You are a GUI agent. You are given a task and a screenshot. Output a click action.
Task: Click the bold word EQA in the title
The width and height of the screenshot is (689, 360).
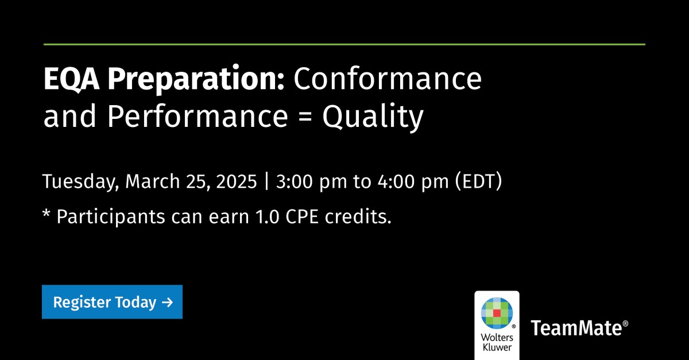coord(72,79)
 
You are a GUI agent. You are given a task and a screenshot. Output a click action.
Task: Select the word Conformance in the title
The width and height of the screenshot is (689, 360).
coord(388,79)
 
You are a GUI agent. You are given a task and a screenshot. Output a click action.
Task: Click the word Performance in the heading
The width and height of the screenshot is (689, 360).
coord(198,115)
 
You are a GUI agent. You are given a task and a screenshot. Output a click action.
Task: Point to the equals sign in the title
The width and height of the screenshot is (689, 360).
coord(305,117)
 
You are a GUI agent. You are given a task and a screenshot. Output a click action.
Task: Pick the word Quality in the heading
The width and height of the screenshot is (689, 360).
coord(373,117)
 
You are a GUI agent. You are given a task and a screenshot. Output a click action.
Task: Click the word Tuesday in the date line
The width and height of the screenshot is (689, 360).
coord(80,181)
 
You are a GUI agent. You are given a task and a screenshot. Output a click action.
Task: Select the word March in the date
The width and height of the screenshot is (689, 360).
coord(153,181)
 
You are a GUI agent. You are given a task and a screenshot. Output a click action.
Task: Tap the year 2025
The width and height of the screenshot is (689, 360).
coord(237,181)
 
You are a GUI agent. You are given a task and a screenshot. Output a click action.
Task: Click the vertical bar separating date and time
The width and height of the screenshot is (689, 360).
coord(266,181)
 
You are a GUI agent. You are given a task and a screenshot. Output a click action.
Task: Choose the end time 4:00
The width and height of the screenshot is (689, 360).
coord(397,181)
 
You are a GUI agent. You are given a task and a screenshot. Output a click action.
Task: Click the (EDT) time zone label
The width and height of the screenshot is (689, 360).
coord(478,181)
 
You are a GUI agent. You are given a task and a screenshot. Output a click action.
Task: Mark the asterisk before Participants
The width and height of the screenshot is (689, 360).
coord(46,213)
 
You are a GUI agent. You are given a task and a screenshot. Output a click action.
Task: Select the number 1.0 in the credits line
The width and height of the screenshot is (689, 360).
coord(268,217)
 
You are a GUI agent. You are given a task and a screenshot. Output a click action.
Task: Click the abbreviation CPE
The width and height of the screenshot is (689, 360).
coord(302,217)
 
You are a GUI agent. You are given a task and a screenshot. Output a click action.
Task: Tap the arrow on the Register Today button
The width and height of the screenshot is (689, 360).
coord(167,303)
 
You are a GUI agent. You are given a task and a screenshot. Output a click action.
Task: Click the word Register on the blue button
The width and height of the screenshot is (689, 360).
coord(82,303)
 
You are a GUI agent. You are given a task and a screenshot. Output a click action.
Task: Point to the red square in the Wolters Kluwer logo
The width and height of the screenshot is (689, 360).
coord(497,313)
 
